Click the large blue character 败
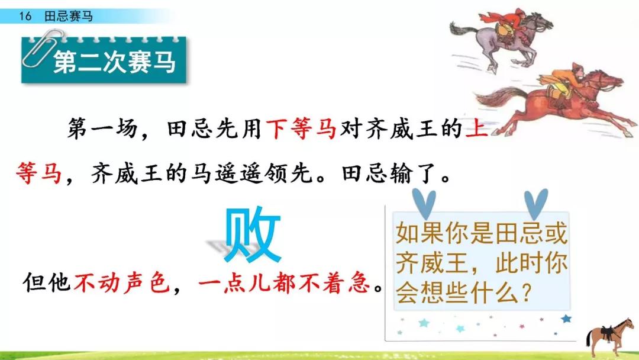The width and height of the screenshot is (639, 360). (253, 235)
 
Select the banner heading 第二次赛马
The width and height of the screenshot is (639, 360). (115, 62)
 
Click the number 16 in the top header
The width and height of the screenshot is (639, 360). (25, 17)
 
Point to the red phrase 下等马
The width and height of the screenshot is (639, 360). (301, 128)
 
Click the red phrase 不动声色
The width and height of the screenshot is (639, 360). (121, 282)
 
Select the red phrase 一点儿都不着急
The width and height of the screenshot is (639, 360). (285, 282)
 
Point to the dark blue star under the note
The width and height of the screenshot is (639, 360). (566, 319)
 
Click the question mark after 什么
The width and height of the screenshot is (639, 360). (527, 292)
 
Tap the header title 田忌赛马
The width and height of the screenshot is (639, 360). (69, 17)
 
